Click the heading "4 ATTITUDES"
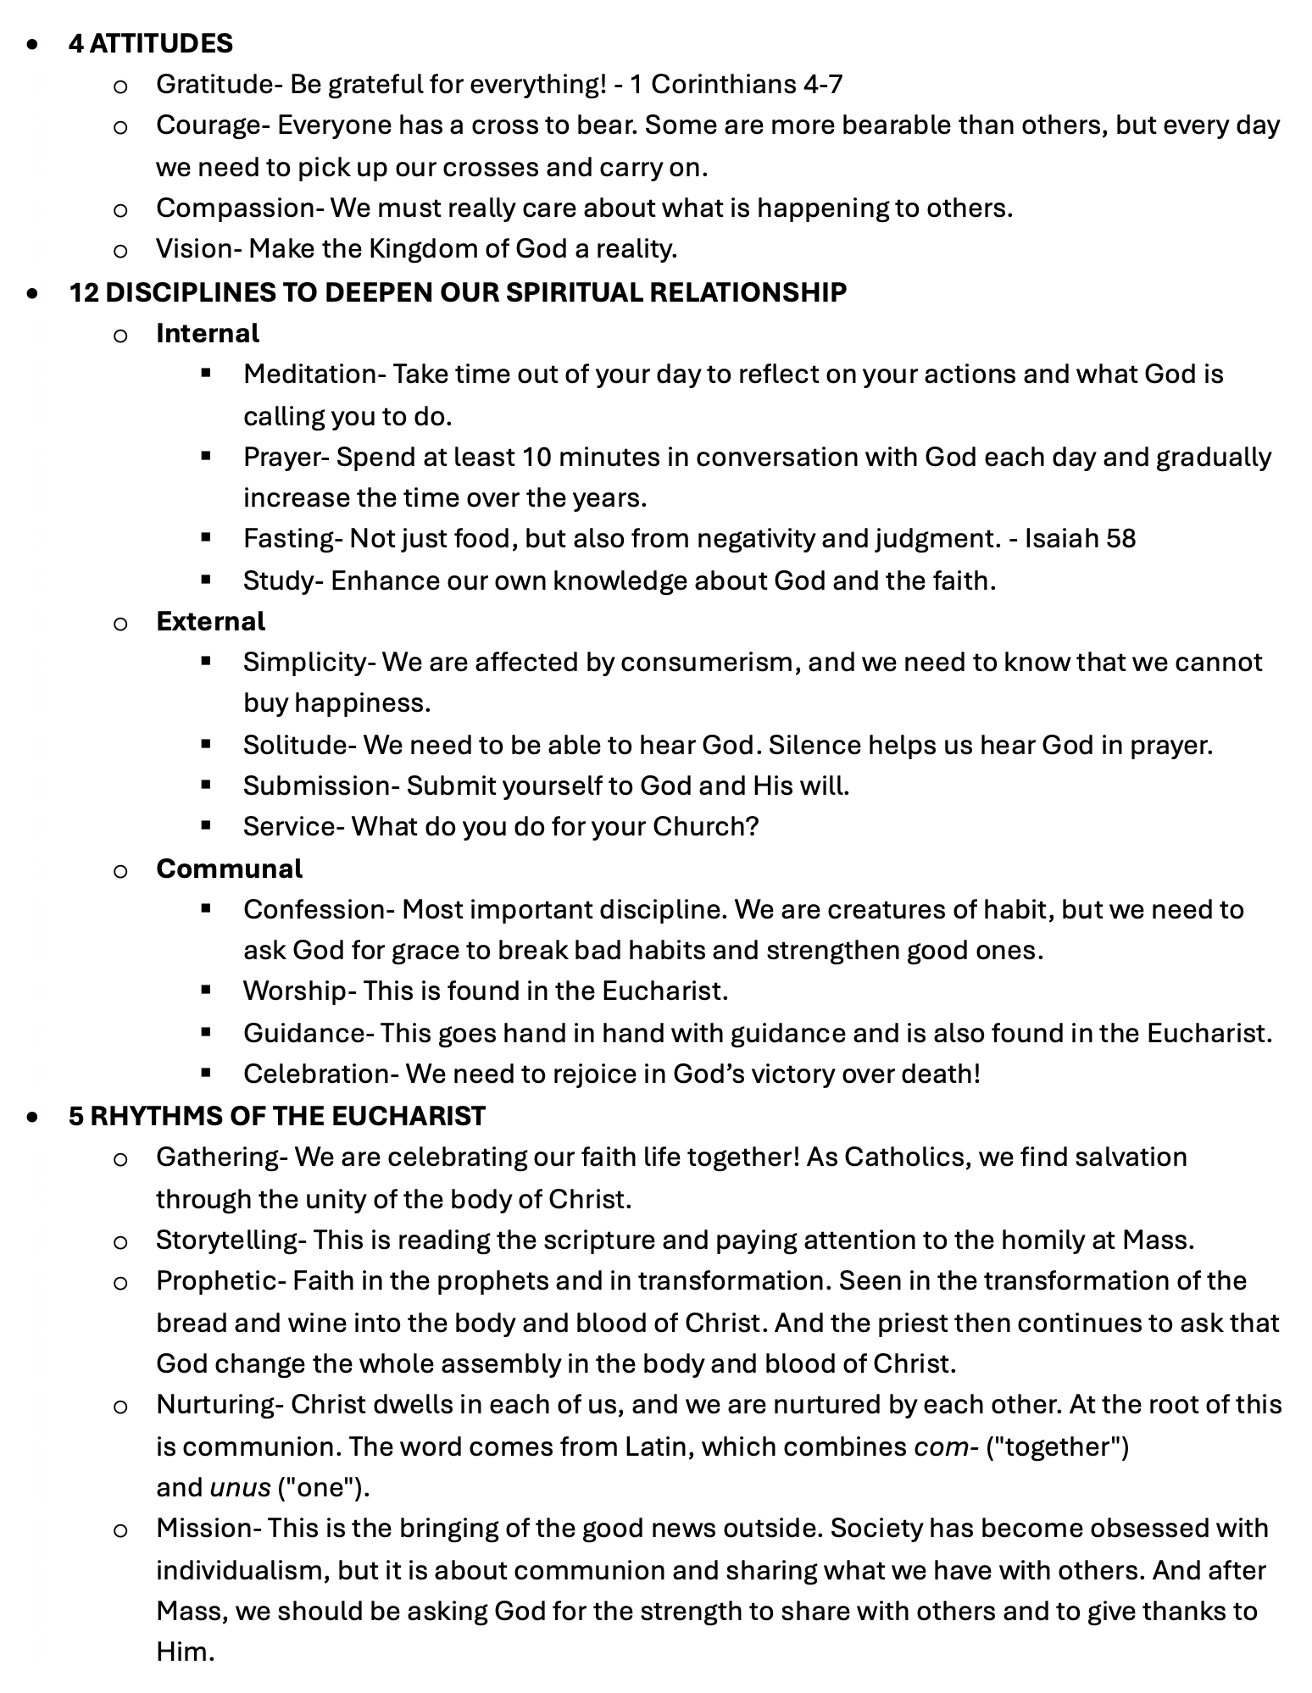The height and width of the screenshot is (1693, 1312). point(151,43)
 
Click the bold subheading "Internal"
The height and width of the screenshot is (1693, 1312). point(208,333)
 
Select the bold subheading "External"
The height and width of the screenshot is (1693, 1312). point(210,621)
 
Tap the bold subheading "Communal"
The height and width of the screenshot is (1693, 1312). point(229,869)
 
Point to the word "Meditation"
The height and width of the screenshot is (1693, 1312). point(309,375)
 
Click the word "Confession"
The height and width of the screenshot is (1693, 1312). point(314,909)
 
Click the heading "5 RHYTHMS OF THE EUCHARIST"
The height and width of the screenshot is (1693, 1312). point(277,1116)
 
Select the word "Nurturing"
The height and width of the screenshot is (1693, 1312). point(214,1405)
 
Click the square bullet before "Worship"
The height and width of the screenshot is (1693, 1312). point(205,989)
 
